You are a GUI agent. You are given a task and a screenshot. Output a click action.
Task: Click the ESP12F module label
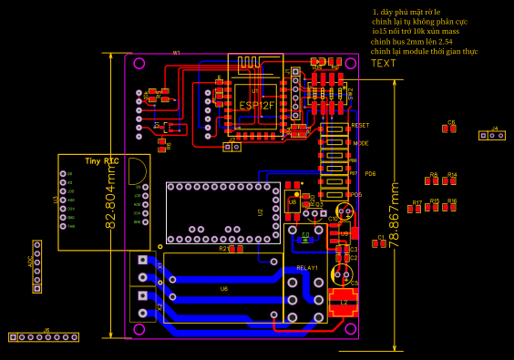[256, 106]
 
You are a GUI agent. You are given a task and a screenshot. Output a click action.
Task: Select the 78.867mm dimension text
[395, 215]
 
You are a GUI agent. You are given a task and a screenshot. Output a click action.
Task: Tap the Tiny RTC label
[101, 160]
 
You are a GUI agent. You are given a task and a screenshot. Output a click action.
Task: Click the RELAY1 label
[307, 268]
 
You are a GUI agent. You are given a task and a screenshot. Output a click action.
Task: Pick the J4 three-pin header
[492, 136]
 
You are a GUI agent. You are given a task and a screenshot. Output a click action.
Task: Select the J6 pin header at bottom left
[44, 337]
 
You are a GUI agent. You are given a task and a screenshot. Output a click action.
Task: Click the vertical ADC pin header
[36, 266]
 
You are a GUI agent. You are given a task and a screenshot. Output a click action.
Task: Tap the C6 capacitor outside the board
[448, 129]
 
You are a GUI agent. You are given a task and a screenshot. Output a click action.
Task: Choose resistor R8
[434, 180]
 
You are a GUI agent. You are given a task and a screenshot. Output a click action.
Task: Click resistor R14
[451, 180]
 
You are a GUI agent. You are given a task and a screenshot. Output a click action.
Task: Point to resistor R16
[451, 207]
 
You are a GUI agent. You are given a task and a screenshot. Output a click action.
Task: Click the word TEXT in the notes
[384, 63]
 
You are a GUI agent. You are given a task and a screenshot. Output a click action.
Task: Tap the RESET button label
[360, 125]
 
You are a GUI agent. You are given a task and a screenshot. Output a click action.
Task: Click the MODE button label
[361, 143]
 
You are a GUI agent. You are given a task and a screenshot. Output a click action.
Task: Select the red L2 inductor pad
[344, 303]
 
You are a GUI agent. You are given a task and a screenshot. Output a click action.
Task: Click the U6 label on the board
[224, 289]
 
